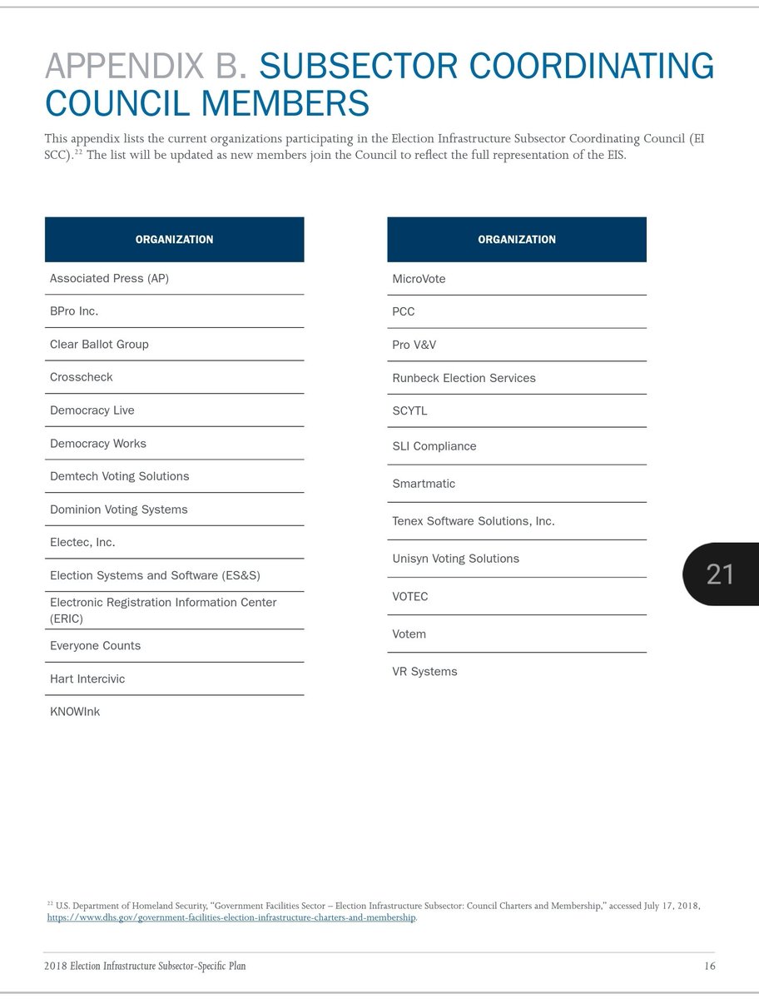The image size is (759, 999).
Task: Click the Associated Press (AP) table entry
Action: click(109, 278)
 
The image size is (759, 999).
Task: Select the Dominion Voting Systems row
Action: click(119, 509)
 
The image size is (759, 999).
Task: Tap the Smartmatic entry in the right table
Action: click(424, 484)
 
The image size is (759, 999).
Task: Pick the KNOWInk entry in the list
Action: click(75, 712)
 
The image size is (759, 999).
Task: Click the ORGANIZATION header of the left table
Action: click(174, 240)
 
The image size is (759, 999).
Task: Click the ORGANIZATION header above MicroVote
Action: click(517, 240)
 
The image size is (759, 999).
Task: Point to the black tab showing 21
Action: click(721, 574)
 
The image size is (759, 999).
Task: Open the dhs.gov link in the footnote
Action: click(231, 917)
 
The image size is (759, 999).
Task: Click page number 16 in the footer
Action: click(709, 966)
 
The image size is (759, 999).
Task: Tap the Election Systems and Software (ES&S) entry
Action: click(155, 575)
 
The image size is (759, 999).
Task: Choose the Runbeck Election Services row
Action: click(464, 378)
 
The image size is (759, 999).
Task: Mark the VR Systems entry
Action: click(424, 672)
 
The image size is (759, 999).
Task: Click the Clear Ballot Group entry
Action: click(99, 344)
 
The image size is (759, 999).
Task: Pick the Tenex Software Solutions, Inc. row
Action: click(474, 521)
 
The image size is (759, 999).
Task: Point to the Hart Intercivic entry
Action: click(87, 678)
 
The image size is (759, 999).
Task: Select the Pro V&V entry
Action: click(414, 345)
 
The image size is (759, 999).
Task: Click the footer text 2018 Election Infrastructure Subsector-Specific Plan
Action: click(145, 966)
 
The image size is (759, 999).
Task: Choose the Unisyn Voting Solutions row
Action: click(455, 559)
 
